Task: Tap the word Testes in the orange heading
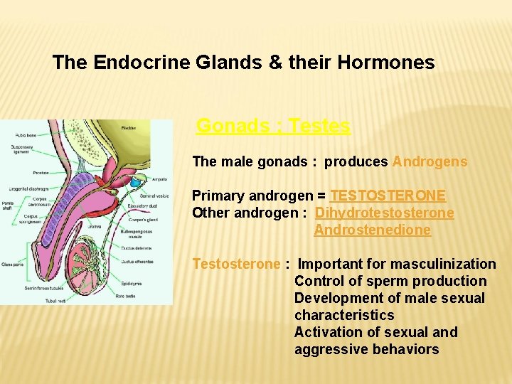(x=319, y=126)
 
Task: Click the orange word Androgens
(x=430, y=161)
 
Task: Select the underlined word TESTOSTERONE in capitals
(x=388, y=196)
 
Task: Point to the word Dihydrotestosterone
(x=384, y=213)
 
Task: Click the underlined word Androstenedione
(x=372, y=230)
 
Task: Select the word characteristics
(x=344, y=315)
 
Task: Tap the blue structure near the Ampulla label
(x=136, y=183)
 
